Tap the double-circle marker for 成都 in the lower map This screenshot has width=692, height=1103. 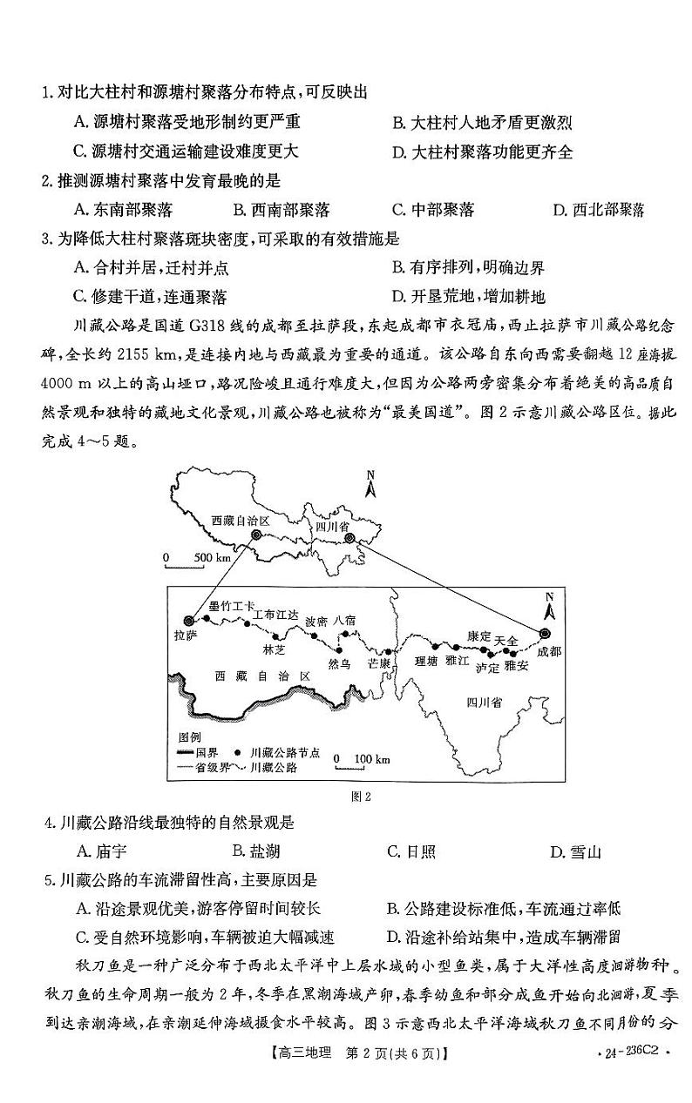[x=546, y=633]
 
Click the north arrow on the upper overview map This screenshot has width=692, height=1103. [x=370, y=482]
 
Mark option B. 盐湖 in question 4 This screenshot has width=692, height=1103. [x=256, y=852]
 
